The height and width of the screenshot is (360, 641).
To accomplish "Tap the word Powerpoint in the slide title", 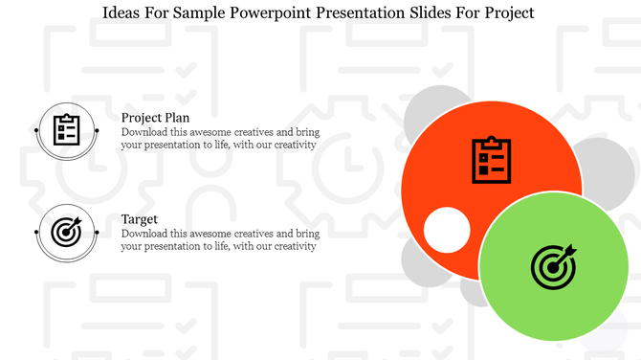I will (271, 12).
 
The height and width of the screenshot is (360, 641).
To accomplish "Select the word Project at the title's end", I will (507, 12).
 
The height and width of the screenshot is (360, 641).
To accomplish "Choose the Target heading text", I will (140, 219).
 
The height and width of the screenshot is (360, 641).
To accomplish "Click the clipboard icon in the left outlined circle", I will (66, 129).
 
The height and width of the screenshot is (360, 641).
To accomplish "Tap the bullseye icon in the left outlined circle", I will (66, 232).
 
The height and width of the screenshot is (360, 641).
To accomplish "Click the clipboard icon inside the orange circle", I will (491, 160).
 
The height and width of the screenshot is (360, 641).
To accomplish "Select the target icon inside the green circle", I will (554, 265).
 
